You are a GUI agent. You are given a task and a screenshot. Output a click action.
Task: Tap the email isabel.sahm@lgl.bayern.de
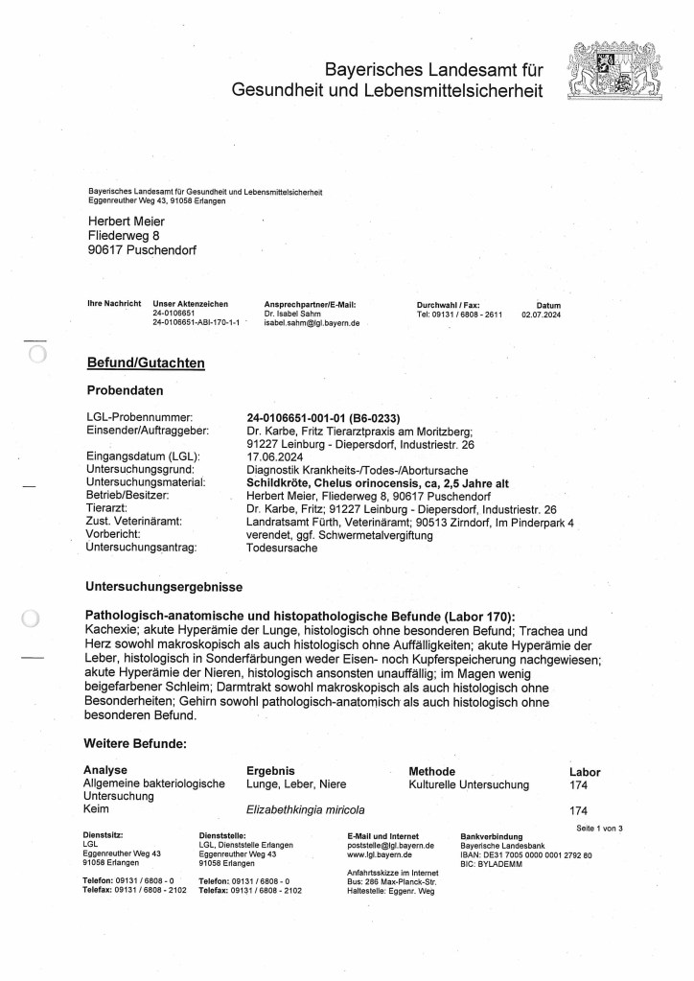pyautogui.click(x=312, y=324)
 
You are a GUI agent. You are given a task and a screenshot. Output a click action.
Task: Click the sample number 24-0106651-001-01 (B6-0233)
pyautogui.click(x=323, y=418)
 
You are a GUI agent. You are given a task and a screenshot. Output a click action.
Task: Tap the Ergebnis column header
pyautogui.click(x=270, y=771)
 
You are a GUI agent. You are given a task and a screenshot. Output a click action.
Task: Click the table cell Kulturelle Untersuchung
pyautogui.click(x=469, y=784)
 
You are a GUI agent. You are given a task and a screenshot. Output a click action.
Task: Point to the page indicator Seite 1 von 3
pyautogui.click(x=599, y=827)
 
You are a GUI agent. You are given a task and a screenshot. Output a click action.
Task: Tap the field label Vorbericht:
pyautogui.click(x=114, y=533)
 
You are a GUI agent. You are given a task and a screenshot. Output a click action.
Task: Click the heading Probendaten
pyautogui.click(x=126, y=391)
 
